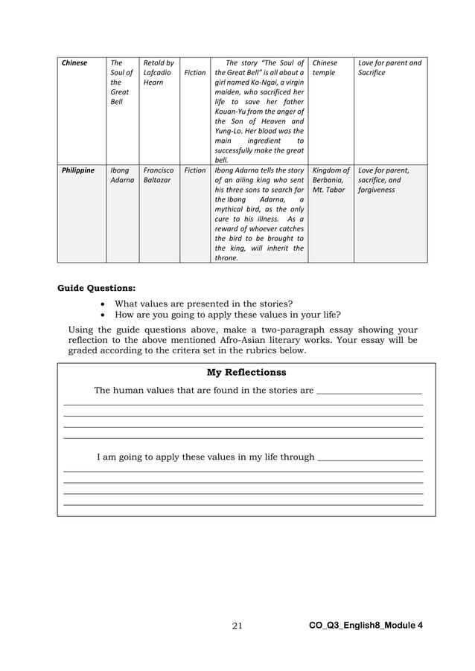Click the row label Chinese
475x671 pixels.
tap(74, 63)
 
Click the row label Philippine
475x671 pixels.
tap(78, 170)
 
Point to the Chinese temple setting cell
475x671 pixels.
tap(325, 68)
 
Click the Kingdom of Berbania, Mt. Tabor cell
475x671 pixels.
tap(331, 180)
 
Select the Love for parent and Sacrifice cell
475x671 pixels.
tap(389, 68)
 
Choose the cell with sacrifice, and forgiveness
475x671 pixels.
tap(383, 185)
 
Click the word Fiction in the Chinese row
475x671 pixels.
tap(194, 73)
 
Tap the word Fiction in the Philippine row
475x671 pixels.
tap(194, 170)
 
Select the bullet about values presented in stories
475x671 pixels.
tap(203, 304)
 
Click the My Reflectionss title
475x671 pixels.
tap(246, 372)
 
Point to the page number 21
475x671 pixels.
tap(238, 626)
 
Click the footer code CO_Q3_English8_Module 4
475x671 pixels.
tap(366, 626)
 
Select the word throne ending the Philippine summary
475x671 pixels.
tap(226, 258)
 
